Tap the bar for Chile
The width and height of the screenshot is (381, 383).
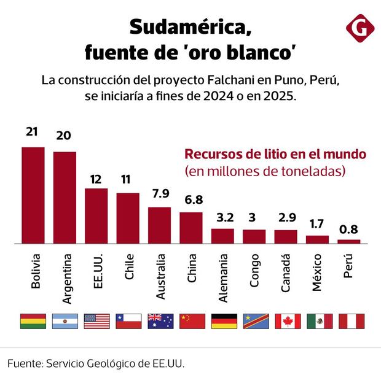(128, 219)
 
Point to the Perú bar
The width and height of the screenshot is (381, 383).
(349, 242)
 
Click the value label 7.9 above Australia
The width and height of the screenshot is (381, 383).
(160, 195)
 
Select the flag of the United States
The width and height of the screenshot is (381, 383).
(96, 321)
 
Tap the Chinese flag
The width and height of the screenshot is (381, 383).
(192, 321)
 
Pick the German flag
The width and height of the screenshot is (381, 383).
(224, 321)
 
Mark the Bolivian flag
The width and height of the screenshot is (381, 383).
(33, 321)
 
